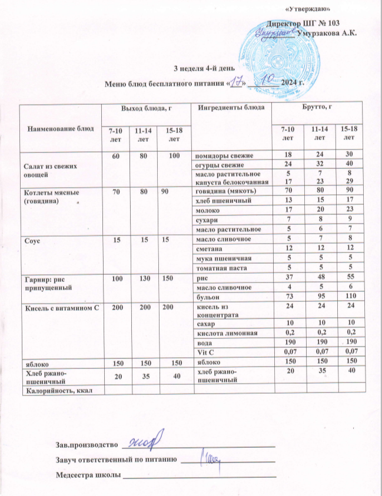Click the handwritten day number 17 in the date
(237, 81)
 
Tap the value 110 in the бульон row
(351, 296)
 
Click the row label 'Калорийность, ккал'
(58, 390)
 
